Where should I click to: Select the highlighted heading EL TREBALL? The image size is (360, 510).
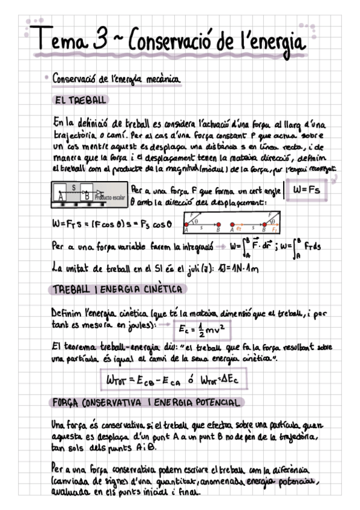(x=80, y=99)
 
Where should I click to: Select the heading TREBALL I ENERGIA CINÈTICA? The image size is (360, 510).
(x=118, y=289)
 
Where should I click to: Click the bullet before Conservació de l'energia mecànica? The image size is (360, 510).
(x=46, y=78)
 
